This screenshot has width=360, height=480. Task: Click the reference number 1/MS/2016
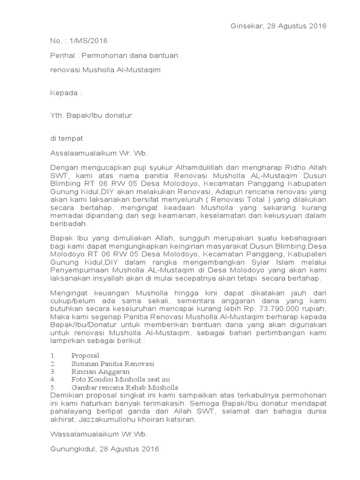click(x=87, y=41)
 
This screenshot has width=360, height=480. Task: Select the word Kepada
click(x=64, y=92)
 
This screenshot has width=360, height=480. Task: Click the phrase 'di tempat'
click(x=67, y=138)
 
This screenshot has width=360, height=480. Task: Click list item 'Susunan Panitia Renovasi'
click(x=112, y=364)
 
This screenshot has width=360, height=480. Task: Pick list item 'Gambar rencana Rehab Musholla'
click(x=125, y=388)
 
